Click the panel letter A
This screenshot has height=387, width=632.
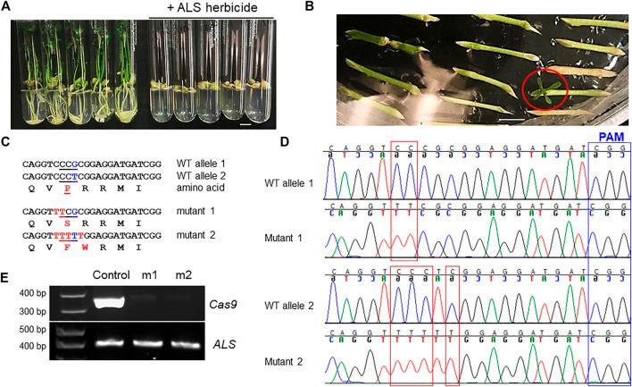coord(8,8)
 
